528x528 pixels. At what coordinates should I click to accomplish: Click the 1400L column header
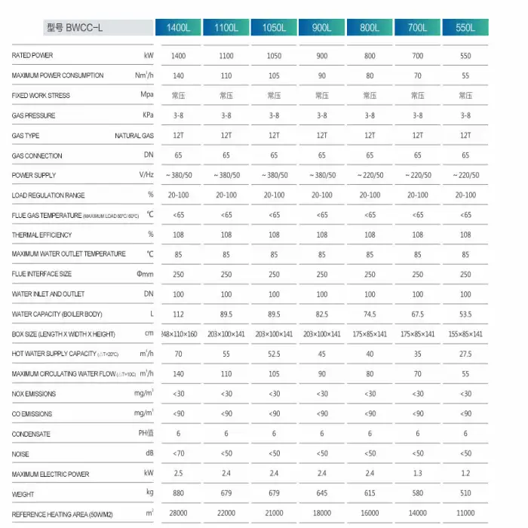178,28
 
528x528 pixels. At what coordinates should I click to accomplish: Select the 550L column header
465,28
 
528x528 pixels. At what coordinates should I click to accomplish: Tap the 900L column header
321,28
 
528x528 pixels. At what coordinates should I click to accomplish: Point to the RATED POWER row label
33,56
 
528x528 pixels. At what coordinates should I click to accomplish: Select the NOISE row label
20,454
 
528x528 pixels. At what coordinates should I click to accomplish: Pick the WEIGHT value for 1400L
178,494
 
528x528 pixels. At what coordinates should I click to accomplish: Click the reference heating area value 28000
178,514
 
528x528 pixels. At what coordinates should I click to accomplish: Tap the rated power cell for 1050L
274,56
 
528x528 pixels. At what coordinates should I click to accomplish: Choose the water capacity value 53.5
465,315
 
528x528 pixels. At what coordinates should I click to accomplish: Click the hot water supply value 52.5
274,354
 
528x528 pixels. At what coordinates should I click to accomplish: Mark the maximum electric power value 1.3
417,474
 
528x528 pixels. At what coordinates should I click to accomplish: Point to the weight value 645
321,494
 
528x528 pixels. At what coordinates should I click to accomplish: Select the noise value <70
178,454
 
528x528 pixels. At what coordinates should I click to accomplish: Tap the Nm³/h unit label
143,75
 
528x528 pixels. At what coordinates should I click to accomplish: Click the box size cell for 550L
465,334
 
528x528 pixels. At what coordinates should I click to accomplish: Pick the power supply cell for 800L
370,175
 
